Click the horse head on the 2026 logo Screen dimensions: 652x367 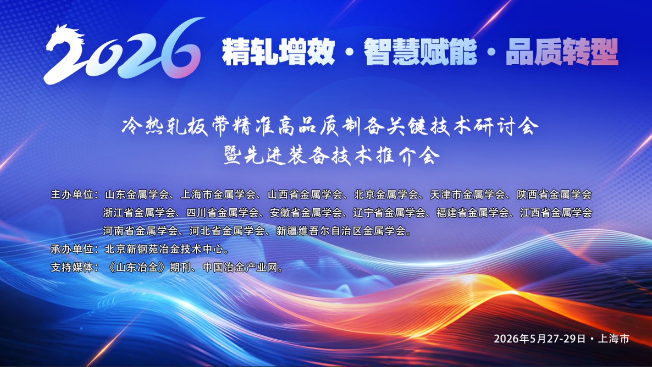66,37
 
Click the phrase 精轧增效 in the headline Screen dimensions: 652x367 278,52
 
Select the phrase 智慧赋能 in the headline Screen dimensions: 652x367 420,52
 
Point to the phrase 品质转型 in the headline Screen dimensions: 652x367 562,52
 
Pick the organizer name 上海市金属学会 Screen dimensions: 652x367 218,195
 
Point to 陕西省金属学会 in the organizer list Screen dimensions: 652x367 554,195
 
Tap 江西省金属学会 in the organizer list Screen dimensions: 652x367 556,213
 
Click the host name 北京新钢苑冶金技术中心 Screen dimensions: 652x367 164,249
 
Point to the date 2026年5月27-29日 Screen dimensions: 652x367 540,339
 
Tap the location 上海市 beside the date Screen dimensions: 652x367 614,339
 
